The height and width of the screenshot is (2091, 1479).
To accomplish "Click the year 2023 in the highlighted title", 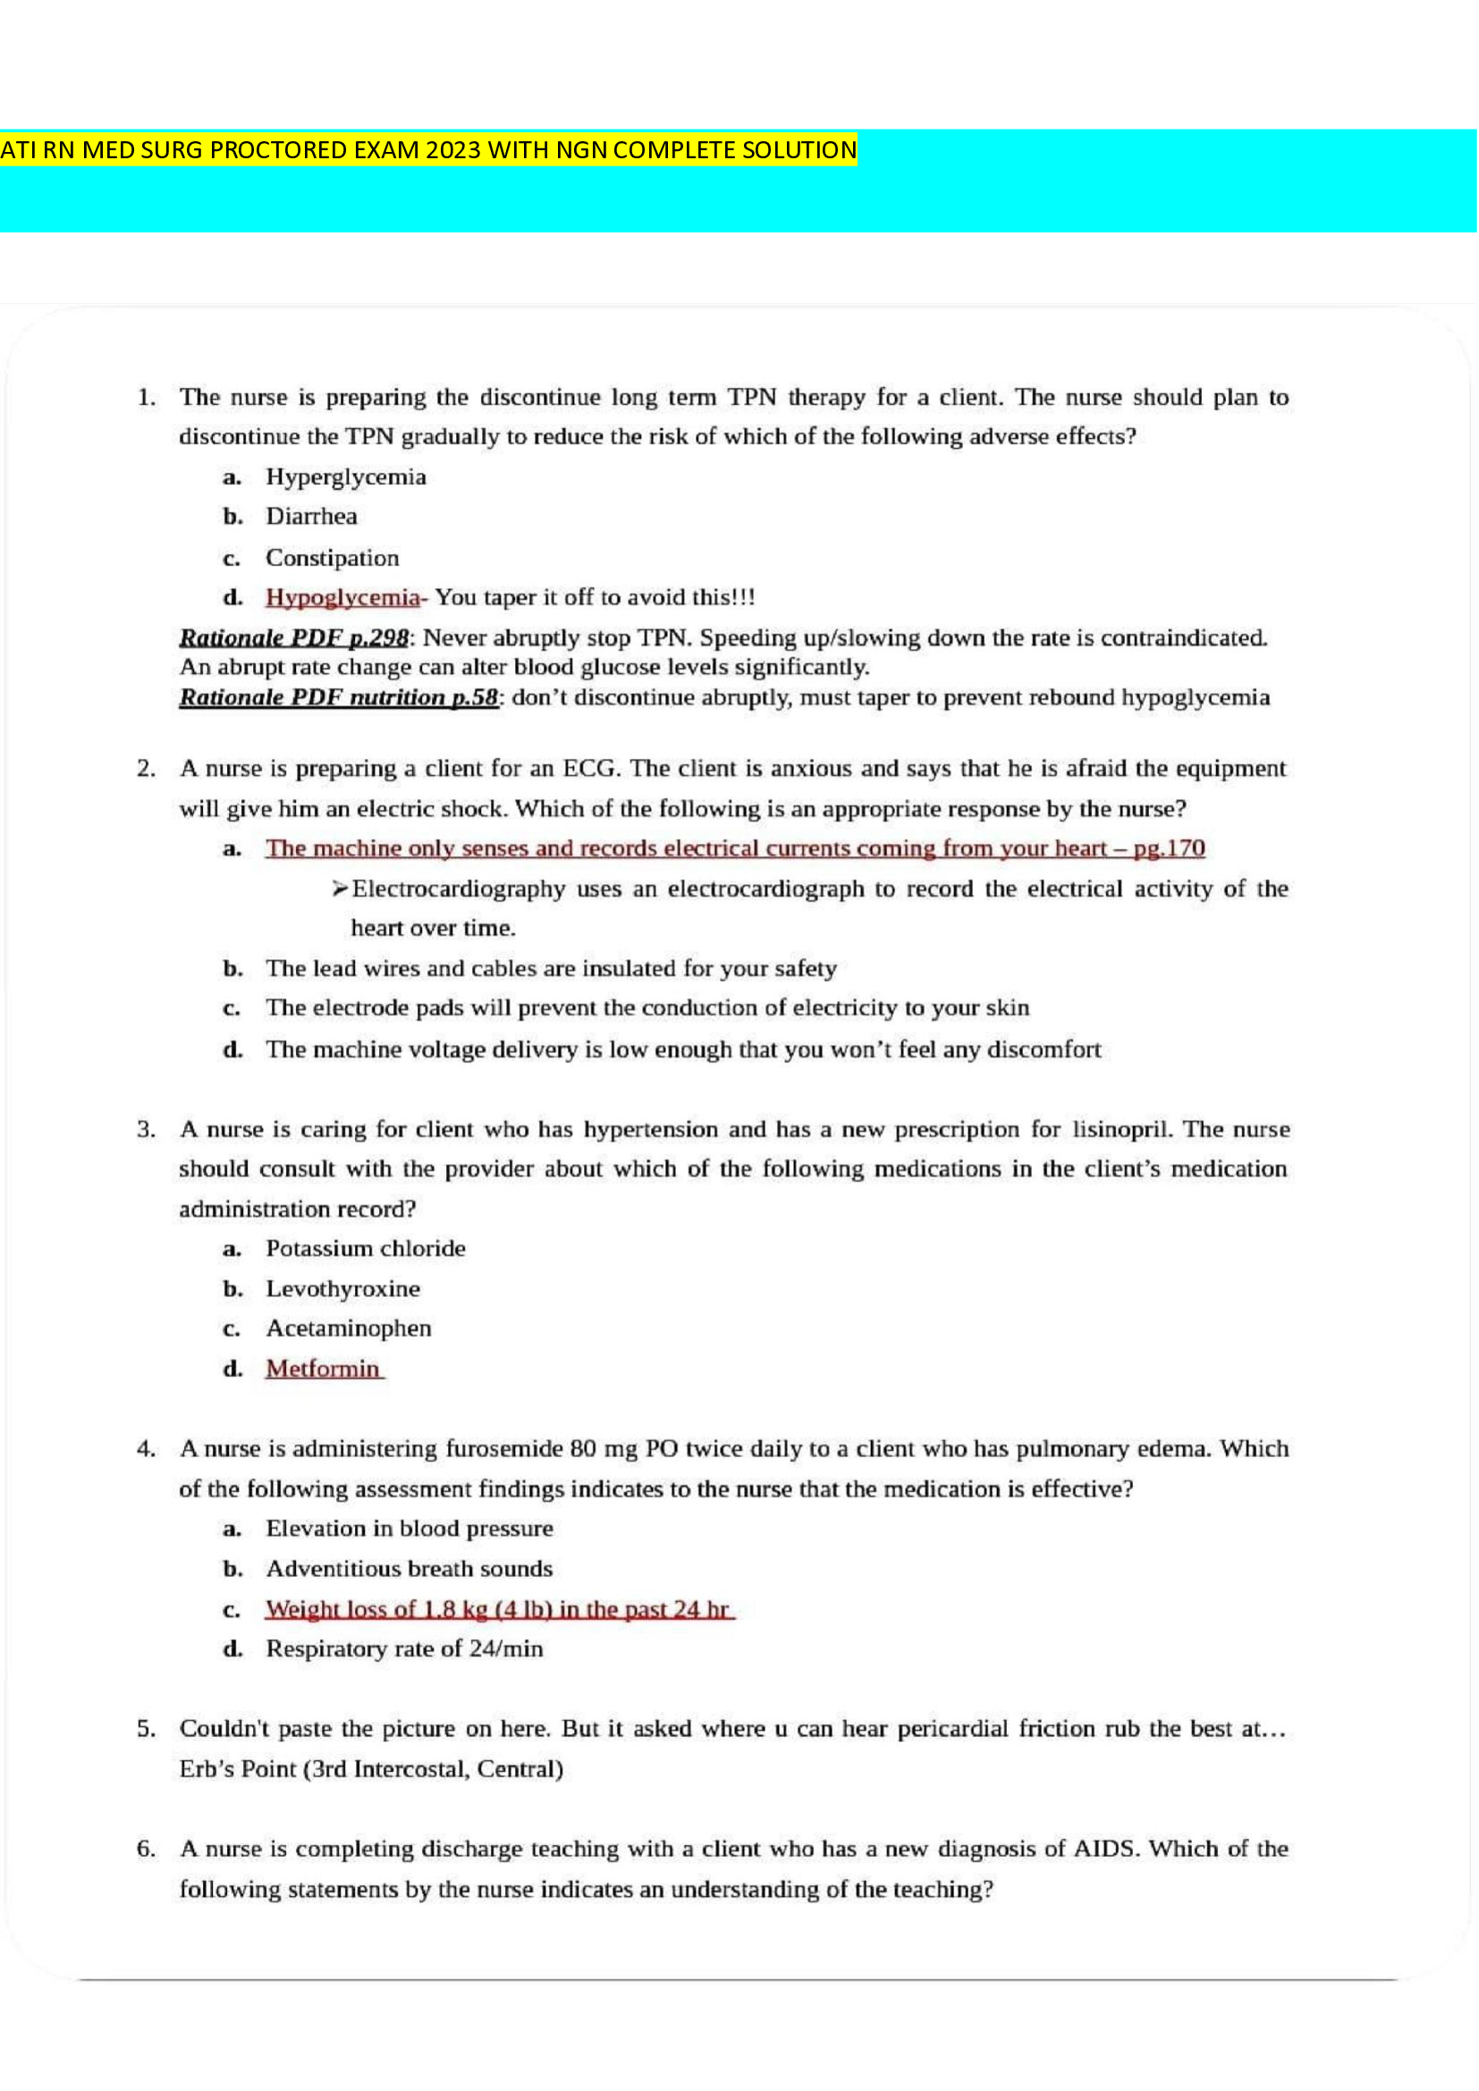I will (x=452, y=149).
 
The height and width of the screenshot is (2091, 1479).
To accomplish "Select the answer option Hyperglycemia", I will (x=345, y=477).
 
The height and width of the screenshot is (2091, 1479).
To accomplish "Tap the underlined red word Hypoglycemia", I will (x=342, y=597).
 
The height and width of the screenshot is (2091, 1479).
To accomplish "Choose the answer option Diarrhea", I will (x=311, y=517).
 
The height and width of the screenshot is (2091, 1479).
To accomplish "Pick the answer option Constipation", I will (x=332, y=557).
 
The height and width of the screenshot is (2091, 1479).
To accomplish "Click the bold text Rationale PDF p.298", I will (x=293, y=637).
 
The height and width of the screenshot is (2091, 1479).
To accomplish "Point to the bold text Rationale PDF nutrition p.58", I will (x=338, y=697).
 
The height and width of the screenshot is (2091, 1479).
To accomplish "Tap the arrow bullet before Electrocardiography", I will (x=340, y=889).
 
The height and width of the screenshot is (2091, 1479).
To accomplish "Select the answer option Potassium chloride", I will (x=365, y=1249).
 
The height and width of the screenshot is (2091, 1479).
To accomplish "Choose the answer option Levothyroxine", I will (x=342, y=1289).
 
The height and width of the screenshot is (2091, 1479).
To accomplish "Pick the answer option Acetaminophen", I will (x=348, y=1328).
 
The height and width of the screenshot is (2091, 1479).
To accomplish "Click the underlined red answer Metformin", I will (x=323, y=1369).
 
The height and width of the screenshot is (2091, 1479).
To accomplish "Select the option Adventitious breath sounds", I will (x=409, y=1569).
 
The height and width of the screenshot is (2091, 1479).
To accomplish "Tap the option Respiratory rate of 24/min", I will (x=403, y=1649).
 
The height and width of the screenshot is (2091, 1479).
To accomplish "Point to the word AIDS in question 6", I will (x=1105, y=1850).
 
